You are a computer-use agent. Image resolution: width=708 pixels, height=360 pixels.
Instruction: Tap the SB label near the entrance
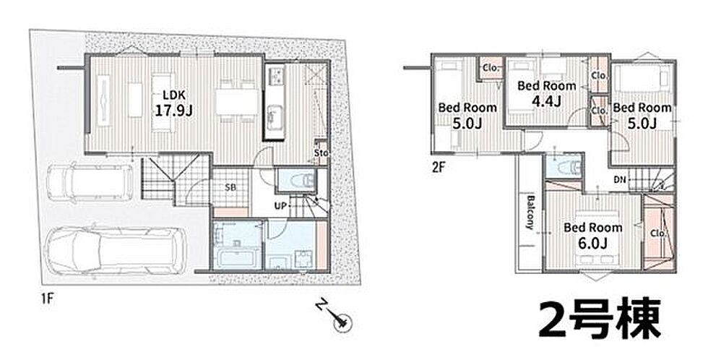[230, 187]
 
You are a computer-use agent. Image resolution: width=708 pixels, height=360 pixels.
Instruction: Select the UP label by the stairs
[280, 206]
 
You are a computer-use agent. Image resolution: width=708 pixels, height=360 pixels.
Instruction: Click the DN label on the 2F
[620, 180]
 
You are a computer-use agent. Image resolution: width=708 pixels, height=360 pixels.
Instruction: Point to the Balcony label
[532, 213]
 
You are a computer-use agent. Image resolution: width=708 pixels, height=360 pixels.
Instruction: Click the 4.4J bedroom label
[546, 93]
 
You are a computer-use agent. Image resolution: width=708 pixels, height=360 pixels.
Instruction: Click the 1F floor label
[46, 299]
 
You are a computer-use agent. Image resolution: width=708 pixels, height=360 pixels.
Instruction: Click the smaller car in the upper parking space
[90, 182]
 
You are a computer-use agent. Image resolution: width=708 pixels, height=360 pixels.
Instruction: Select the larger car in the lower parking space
[116, 252]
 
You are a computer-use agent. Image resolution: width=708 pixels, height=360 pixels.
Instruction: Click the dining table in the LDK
[238, 102]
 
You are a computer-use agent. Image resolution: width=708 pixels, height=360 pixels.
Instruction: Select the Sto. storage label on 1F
[321, 153]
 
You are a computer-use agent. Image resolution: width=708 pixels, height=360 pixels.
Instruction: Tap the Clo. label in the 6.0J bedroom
[658, 233]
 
